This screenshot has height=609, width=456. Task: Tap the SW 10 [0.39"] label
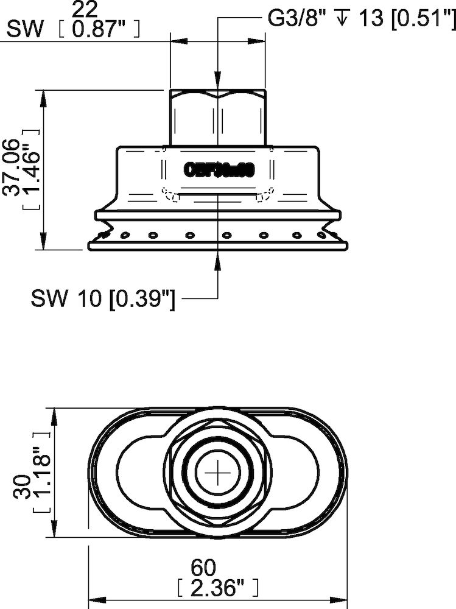point(103,298)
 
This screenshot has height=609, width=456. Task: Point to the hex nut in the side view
point(218,118)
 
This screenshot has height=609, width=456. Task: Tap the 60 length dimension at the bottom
point(203,568)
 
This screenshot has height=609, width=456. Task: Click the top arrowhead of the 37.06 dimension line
point(44,97)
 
